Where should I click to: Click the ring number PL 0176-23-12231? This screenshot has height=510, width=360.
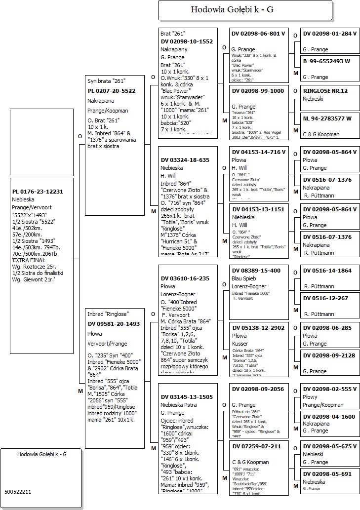(x=38, y=192)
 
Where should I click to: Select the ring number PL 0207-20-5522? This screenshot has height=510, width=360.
(x=111, y=91)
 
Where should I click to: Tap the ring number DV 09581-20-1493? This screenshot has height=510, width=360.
(x=114, y=324)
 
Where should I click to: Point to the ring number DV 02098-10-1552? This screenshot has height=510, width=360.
(x=187, y=41)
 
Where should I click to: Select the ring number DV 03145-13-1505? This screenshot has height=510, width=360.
(x=187, y=397)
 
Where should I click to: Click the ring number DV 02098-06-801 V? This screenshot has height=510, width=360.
(x=258, y=34)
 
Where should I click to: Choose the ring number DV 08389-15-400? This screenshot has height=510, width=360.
(x=256, y=271)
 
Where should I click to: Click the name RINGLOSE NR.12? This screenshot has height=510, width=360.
(x=325, y=91)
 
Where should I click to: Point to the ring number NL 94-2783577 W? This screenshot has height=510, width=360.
(x=327, y=118)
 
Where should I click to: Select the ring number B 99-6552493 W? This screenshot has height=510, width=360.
(x=326, y=61)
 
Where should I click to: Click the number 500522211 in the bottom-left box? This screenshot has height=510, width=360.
(x=18, y=492)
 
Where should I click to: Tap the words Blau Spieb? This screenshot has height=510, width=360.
(x=243, y=278)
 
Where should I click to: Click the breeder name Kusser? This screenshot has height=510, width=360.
(x=240, y=344)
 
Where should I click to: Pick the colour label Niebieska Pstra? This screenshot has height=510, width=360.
(x=181, y=405)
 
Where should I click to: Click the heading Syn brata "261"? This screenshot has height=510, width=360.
(x=107, y=81)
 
